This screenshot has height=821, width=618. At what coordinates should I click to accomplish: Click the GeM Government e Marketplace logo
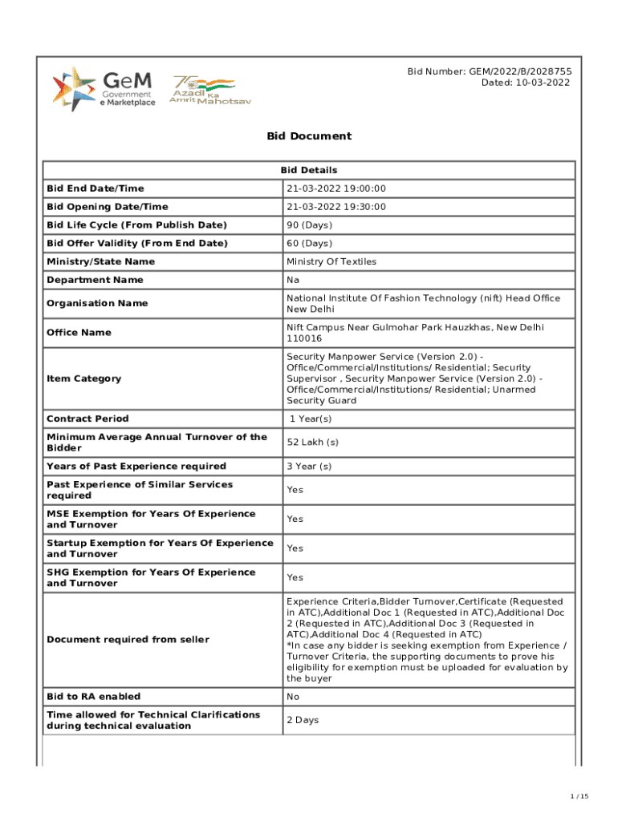[x=104, y=89]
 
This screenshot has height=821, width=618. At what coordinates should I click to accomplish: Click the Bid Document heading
[x=309, y=136]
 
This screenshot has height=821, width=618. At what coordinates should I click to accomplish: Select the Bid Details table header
[x=309, y=170]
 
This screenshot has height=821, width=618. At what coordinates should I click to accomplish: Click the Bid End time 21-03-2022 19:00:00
[x=336, y=188]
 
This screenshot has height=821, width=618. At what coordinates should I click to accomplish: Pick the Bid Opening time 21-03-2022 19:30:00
[x=336, y=207]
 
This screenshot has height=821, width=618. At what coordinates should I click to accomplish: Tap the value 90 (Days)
[x=309, y=225]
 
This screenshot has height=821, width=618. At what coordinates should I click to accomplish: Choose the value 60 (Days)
[x=309, y=243]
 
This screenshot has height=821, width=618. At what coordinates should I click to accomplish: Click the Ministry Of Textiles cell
[x=331, y=261]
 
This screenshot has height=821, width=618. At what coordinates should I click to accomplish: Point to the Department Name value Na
[x=293, y=280]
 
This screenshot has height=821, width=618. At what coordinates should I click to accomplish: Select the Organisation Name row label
[x=91, y=304]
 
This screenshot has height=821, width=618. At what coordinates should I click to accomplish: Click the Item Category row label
[x=84, y=378]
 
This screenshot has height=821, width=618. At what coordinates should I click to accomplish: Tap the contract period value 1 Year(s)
[x=311, y=419]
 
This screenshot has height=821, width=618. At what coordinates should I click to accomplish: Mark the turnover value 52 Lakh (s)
[x=313, y=443]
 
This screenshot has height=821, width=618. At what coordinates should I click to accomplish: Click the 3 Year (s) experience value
[x=310, y=466]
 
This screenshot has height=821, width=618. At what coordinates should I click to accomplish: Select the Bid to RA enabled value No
[x=294, y=697]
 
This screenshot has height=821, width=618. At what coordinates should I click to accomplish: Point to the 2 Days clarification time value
[x=303, y=720]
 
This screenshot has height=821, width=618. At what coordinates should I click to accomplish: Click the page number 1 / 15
[x=579, y=796]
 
